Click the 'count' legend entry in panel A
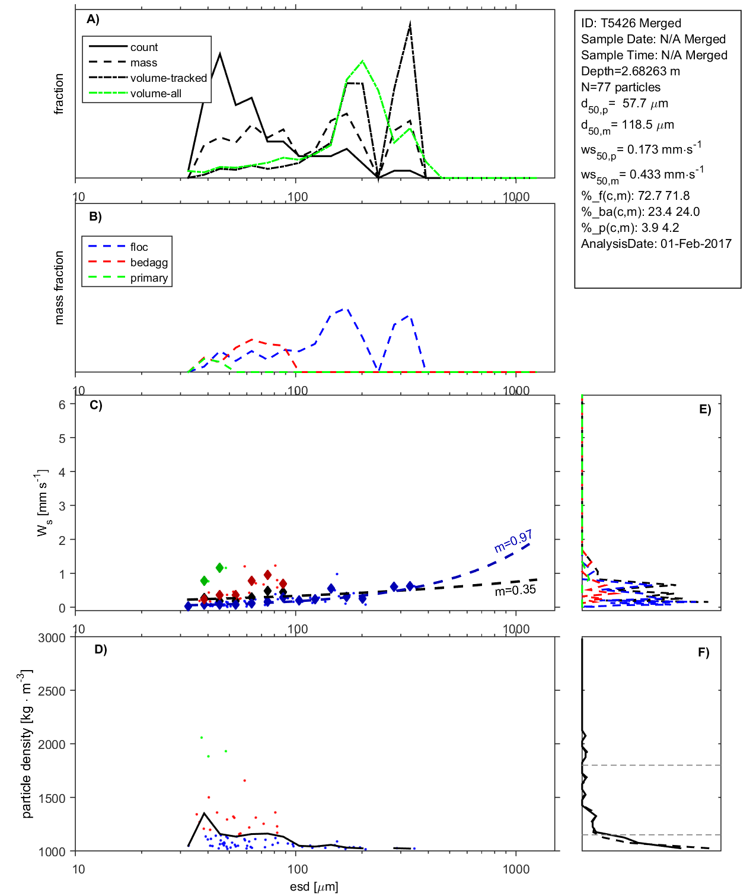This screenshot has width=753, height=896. click(144, 47)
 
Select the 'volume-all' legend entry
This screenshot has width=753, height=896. click(155, 93)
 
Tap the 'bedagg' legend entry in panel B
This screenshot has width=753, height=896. click(149, 262)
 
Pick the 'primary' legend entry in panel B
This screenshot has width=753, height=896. click(149, 278)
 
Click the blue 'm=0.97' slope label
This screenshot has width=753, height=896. click(513, 541)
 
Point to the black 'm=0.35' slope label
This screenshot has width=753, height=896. click(515, 590)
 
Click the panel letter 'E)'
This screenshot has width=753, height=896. click(704, 409)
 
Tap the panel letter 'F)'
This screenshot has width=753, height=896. click(703, 652)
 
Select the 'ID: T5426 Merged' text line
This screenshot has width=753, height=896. click(631, 23)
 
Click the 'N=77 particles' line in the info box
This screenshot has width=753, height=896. click(620, 87)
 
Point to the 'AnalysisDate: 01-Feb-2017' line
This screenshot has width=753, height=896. click(656, 244)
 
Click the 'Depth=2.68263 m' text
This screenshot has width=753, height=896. click(630, 71)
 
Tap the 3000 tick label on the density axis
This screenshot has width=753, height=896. click(52, 638)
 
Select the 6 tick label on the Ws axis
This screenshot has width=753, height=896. click(62, 404)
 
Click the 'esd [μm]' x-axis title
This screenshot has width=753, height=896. click(314, 887)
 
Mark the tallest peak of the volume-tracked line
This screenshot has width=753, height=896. click(410, 24)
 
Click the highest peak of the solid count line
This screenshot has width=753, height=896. click(220, 54)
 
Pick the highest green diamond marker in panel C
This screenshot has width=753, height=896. click(220, 568)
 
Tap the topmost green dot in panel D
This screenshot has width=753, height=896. click(202, 737)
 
